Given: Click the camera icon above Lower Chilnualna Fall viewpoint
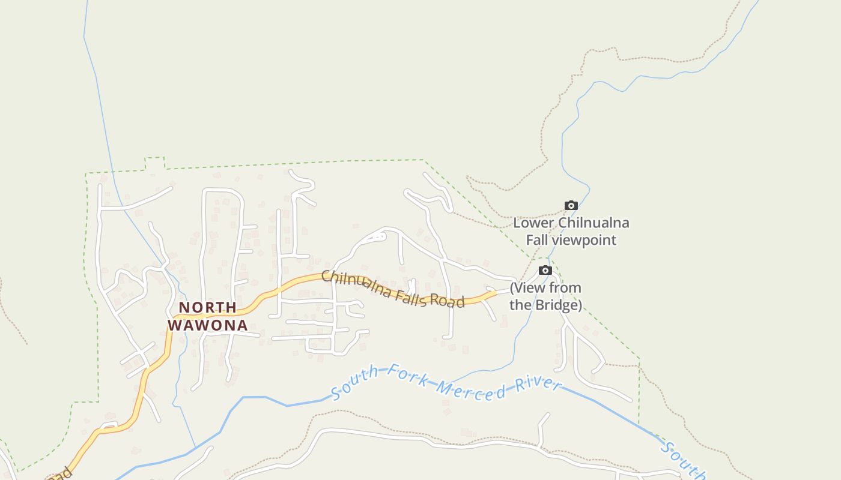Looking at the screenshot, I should pos(571,206).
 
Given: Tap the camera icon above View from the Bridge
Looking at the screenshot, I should pos(545,271).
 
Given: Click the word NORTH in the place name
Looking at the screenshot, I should pos(208,308).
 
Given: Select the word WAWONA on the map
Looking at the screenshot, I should pos(207,325).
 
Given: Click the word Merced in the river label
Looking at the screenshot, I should pos(471,390).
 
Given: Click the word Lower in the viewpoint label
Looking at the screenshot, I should pos(533,223).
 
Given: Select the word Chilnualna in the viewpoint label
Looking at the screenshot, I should pos(594,223).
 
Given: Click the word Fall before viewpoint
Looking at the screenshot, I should pos(537,241).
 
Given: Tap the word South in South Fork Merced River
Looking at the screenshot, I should pos(354,382).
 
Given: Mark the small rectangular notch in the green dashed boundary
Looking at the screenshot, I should pos(155,163).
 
